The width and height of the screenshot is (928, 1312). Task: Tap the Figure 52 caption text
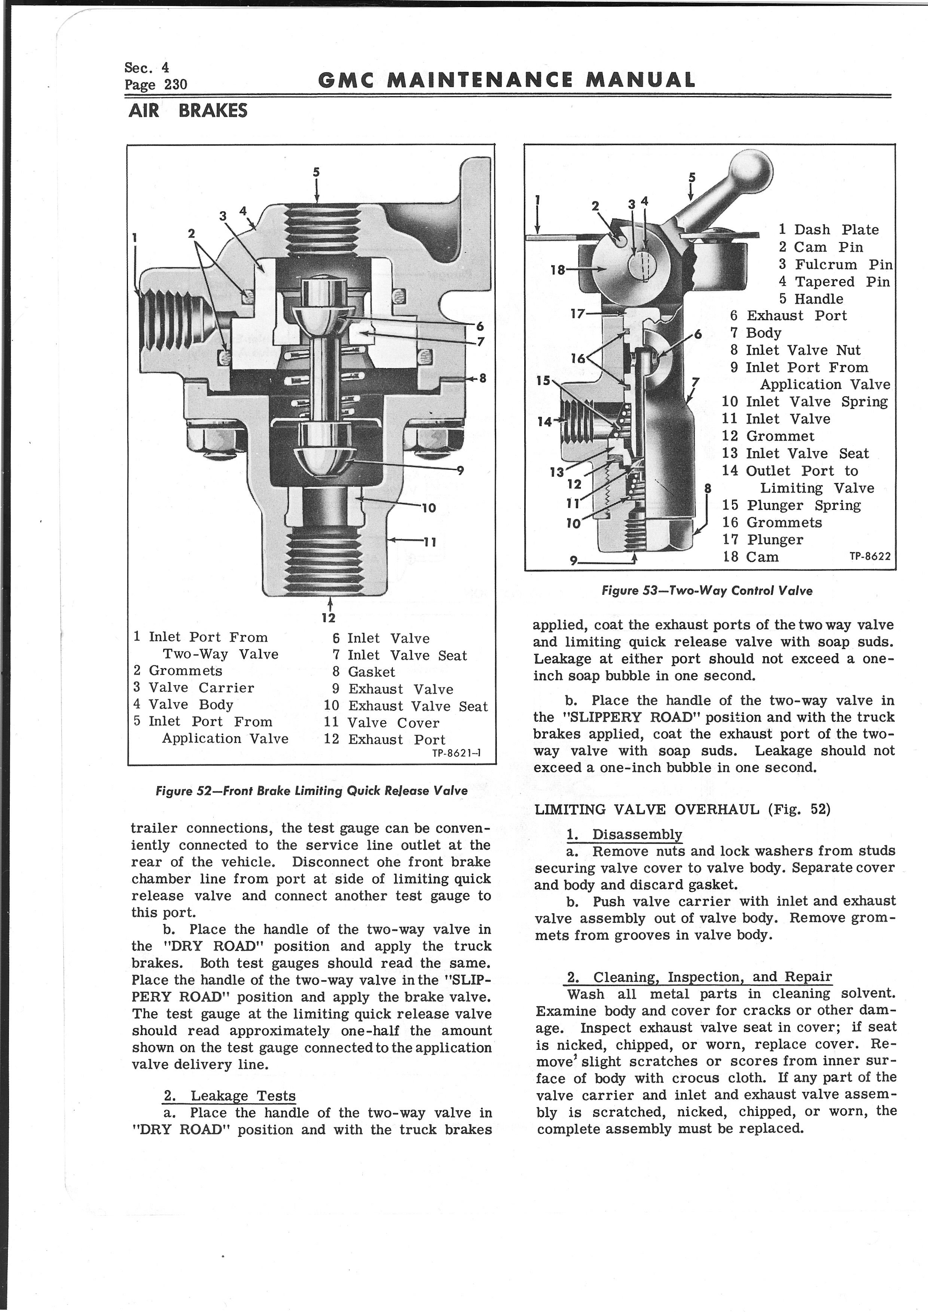tap(311, 791)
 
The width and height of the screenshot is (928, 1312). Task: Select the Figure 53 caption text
tap(707, 591)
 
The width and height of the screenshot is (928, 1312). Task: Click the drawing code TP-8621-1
tap(456, 753)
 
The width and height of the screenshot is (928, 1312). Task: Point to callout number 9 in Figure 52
tap(460, 471)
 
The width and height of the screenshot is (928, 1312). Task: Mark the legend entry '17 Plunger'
tap(763, 539)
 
